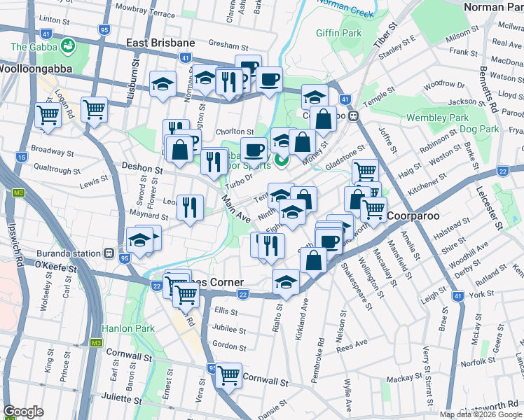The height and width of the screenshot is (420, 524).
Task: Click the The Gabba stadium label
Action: tap(36, 47)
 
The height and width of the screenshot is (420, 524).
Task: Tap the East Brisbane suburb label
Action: tap(160, 43)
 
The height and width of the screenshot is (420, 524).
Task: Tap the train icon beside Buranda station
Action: tap(110, 253)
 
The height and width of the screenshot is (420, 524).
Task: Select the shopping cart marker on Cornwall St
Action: tap(228, 374)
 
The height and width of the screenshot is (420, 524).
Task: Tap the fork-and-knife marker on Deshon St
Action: tap(213, 161)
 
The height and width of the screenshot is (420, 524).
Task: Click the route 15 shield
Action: tap(22, 157)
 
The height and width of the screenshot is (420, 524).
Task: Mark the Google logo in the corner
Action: tap(23, 412)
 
